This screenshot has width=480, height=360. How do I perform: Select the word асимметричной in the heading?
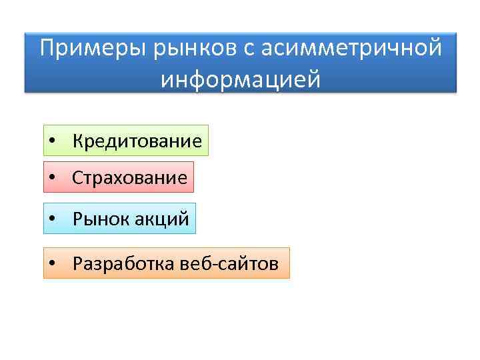[350, 49]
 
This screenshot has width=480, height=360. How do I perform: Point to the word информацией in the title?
[240, 79]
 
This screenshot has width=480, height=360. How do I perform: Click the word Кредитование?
[137, 141]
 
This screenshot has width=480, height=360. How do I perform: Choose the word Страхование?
[130, 178]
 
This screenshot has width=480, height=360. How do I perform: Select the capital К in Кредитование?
[78, 141]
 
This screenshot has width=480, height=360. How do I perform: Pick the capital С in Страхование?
[77, 178]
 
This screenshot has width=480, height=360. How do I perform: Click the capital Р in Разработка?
[77, 264]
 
